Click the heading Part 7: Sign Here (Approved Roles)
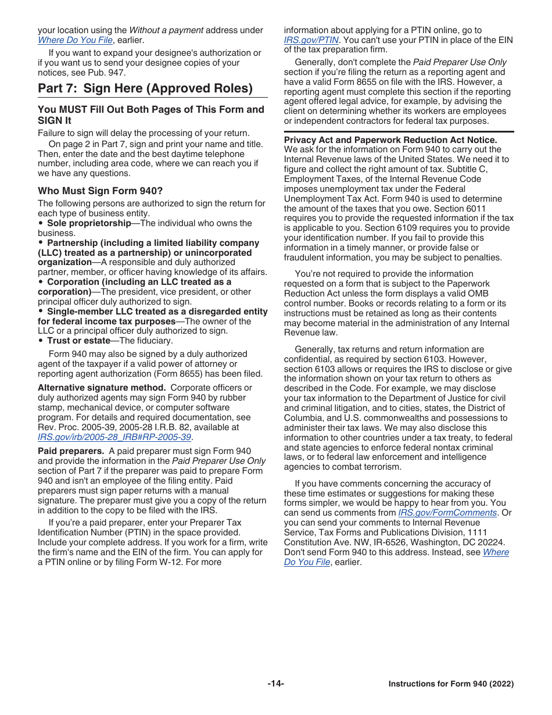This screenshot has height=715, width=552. click(x=145, y=88)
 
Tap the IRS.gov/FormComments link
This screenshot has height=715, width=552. click(x=447, y=513)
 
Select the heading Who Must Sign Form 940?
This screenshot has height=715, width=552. click(x=101, y=191)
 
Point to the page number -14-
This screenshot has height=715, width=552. click(x=275, y=684)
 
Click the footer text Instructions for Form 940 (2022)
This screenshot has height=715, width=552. click(x=451, y=684)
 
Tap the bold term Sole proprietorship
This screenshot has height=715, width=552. click(x=89, y=223)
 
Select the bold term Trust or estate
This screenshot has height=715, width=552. click(x=78, y=341)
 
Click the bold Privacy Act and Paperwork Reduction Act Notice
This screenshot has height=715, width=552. click(x=390, y=140)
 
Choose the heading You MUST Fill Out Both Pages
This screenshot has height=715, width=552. click(x=150, y=115)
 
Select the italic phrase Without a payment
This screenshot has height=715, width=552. click(x=166, y=30)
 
